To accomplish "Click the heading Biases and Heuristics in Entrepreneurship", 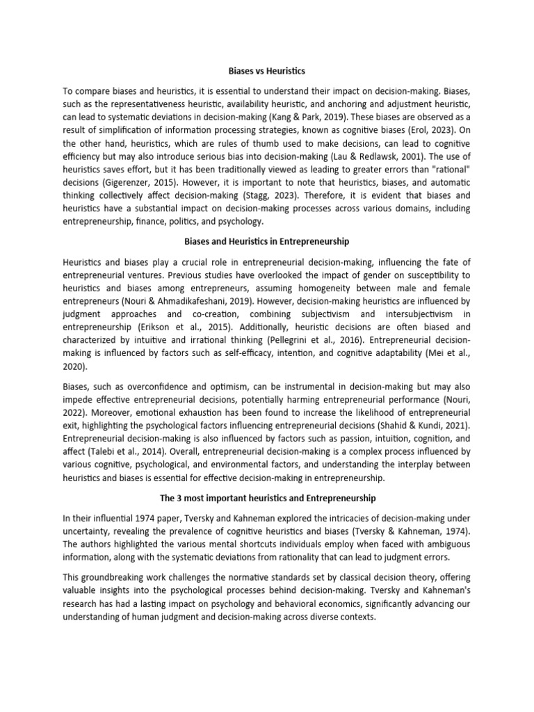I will point(267,241).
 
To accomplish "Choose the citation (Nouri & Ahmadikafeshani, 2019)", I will point(154,301).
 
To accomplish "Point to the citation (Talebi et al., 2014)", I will point(119,451).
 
